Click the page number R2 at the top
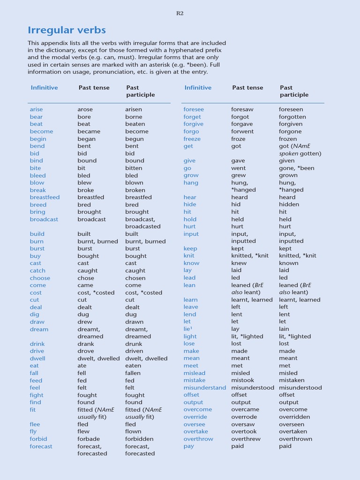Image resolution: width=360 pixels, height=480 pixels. click(x=180, y=13)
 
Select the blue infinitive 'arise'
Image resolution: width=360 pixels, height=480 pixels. click(x=36, y=109)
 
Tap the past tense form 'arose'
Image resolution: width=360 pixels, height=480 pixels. click(x=85, y=109)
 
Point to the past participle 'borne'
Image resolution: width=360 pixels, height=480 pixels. click(x=134, y=117)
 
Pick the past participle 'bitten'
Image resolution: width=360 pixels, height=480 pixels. click(x=134, y=168)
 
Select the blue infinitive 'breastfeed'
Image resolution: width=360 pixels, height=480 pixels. click(x=45, y=197)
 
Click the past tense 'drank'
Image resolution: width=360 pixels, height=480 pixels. click(x=86, y=344)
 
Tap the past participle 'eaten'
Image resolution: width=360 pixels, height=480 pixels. click(x=134, y=366)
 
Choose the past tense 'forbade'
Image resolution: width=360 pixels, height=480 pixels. click(x=89, y=439)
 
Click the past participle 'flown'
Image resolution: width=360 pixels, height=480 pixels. click(x=133, y=431)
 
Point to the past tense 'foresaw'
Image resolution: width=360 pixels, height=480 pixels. click(x=242, y=109)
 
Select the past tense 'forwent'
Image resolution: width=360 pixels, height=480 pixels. click(x=242, y=131)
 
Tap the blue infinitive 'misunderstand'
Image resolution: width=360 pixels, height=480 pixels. click(x=204, y=388)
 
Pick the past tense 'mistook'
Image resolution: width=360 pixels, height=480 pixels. click(x=242, y=380)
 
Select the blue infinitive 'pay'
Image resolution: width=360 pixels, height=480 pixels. click(x=188, y=446)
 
